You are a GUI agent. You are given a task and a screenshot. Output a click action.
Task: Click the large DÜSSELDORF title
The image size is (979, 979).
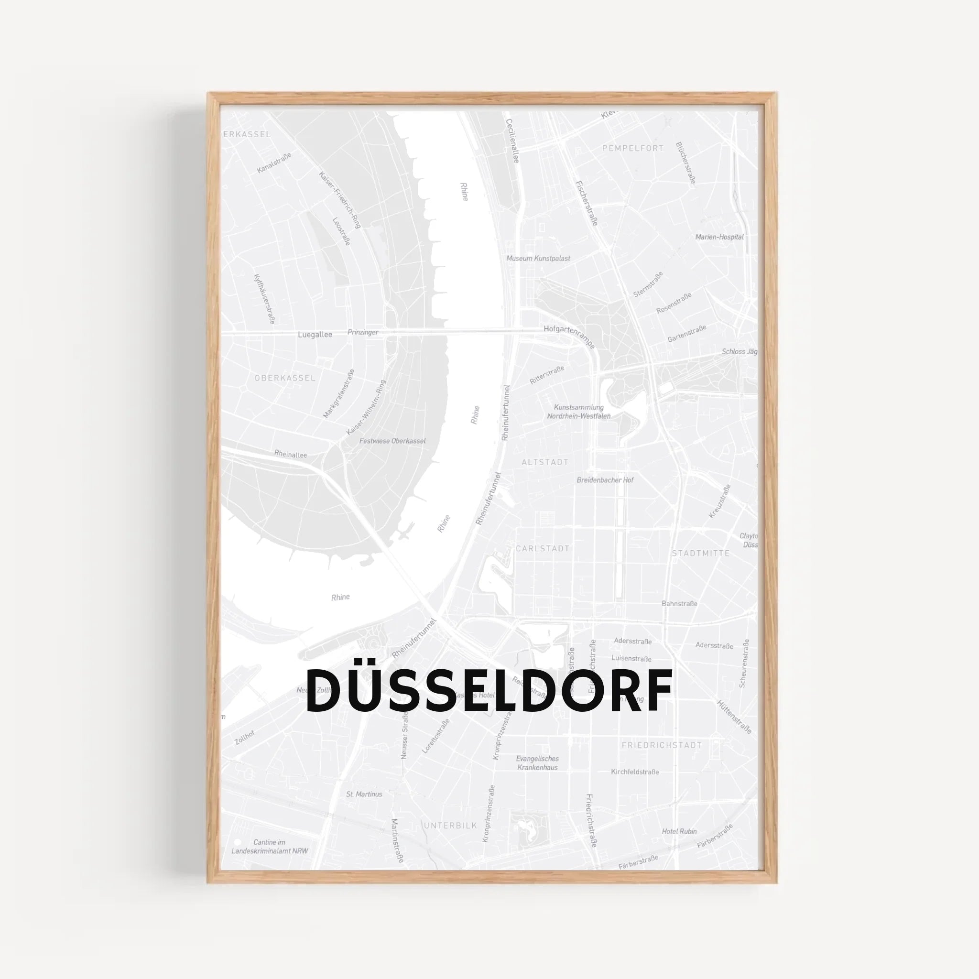[x=489, y=690]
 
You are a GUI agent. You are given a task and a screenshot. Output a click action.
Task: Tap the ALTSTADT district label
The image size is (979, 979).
[x=545, y=462]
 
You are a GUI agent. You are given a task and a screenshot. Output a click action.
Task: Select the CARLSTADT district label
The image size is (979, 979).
[x=542, y=548]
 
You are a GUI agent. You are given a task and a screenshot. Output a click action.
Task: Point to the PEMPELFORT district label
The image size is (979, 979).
[x=632, y=149]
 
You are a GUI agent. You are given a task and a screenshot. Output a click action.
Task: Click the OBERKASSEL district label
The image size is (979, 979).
[x=285, y=378]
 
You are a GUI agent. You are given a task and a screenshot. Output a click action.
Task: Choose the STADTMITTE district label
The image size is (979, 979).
[x=700, y=554]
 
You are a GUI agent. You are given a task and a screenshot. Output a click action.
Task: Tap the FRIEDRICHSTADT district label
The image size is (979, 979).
[x=661, y=745]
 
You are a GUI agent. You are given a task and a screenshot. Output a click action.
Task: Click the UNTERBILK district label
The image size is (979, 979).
[x=450, y=826]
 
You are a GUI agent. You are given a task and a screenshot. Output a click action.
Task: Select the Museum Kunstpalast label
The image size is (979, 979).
[x=538, y=259]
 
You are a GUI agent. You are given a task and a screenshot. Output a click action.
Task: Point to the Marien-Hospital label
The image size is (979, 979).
[x=719, y=237]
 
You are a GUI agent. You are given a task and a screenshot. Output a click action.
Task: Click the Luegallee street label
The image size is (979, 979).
[x=315, y=335]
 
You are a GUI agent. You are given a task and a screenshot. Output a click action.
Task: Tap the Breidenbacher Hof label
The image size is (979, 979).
[x=605, y=480]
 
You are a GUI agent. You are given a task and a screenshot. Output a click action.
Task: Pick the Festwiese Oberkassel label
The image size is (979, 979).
[x=392, y=441]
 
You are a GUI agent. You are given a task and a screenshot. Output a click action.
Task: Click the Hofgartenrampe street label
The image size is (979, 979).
[x=568, y=336]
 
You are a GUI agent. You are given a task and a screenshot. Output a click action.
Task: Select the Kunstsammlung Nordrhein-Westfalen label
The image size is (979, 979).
[x=578, y=412]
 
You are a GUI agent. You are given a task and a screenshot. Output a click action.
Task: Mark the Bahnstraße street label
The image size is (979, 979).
[x=679, y=604]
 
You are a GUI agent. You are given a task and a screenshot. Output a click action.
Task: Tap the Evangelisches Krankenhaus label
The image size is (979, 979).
[x=537, y=763]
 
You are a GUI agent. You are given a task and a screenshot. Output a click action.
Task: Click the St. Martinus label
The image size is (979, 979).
[x=364, y=794]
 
